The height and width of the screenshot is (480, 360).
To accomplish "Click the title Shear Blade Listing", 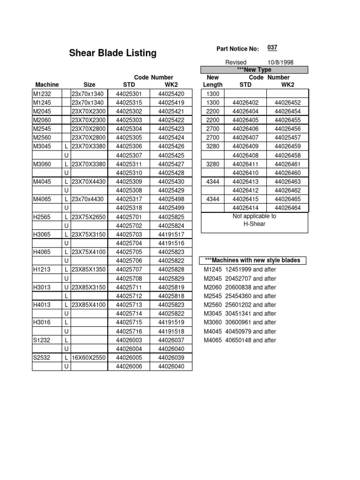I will [113, 53].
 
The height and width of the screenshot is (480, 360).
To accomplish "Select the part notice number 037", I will [272, 48].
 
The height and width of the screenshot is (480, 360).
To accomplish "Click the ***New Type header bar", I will [255, 70].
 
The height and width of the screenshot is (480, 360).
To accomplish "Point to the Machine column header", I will [47, 85].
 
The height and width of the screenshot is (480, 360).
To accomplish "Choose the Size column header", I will [90, 85].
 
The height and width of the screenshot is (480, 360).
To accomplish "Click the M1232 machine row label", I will [42, 94].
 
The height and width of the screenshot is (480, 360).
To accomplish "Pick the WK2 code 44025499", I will [171, 208].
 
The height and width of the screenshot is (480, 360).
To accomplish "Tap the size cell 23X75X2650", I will [89, 217].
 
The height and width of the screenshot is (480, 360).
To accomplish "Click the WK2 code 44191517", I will [171, 234].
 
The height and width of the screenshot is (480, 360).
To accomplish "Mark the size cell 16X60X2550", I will [89, 357].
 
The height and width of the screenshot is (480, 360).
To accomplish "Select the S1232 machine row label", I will [42, 340].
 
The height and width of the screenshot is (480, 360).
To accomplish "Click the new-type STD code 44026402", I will [245, 103].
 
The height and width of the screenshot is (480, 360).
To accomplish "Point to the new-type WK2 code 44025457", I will [287, 138].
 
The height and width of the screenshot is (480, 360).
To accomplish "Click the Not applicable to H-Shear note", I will [255, 220].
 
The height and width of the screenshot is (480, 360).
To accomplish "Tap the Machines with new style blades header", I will [254, 261].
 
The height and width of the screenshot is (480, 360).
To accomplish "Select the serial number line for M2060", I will [240, 287].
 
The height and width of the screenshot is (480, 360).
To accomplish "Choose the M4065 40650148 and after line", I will [240, 340].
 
